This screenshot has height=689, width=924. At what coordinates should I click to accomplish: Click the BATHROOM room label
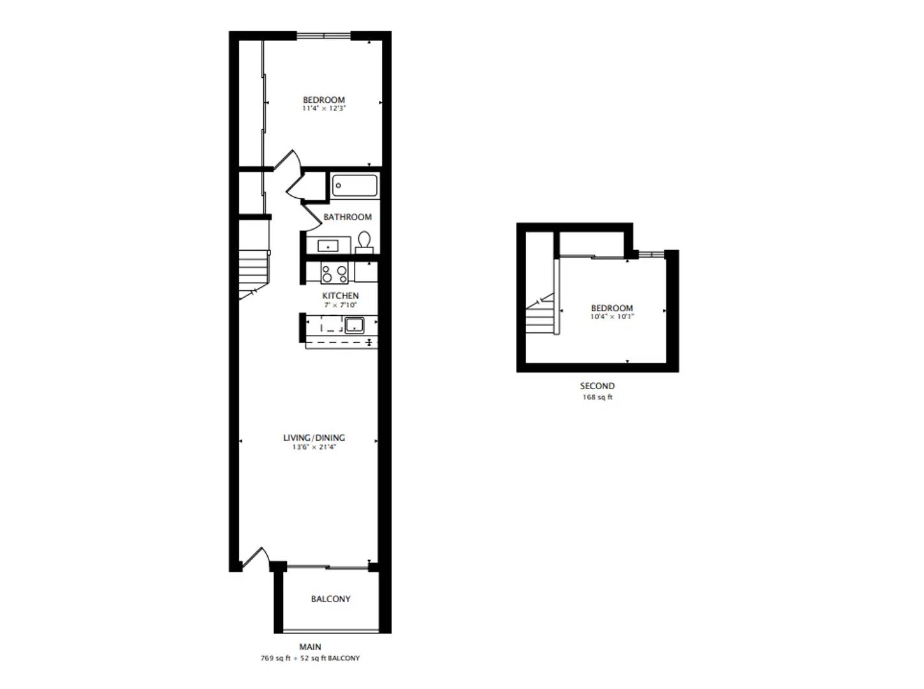click(347, 217)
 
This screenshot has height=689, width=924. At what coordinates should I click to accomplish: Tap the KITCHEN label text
click(340, 295)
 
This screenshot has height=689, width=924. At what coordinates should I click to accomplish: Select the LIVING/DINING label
click(314, 438)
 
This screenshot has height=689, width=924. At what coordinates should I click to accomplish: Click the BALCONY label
click(330, 599)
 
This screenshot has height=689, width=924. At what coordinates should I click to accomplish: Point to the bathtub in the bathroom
click(355, 186)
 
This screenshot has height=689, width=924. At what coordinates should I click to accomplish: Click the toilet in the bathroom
click(364, 242)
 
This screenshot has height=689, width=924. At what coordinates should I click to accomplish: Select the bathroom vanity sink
click(328, 245)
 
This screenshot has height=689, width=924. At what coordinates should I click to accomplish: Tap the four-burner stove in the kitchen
click(334, 274)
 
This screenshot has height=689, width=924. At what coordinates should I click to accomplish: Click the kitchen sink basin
click(354, 325)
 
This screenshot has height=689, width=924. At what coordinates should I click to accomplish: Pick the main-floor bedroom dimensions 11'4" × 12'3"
click(323, 109)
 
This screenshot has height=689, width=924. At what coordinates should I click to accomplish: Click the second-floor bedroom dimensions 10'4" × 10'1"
click(612, 317)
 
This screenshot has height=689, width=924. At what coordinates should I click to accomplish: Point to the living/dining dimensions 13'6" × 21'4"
click(314, 447)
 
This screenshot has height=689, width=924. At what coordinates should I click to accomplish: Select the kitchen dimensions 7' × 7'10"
click(340, 305)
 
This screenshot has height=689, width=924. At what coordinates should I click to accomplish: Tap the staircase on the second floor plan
click(541, 316)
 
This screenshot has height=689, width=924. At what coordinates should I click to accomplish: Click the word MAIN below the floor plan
click(310, 647)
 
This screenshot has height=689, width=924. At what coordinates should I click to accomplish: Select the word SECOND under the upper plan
click(597, 386)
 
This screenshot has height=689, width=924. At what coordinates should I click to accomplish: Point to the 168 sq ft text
click(597, 397)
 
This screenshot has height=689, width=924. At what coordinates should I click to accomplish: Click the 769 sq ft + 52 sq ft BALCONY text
click(310, 658)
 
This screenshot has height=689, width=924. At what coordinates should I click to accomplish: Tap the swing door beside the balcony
click(254, 558)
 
